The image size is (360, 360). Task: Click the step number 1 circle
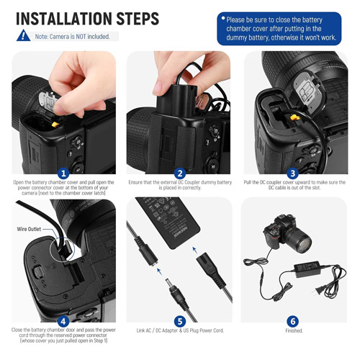[63, 174]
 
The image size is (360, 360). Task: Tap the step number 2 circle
[180, 174]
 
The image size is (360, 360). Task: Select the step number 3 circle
[293, 174]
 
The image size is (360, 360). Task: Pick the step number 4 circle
[63, 321]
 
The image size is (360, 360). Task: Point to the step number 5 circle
[180, 321]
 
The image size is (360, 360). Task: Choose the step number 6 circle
[293, 321]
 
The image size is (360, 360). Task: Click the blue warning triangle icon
[23, 35]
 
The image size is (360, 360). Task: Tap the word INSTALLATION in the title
[63, 19]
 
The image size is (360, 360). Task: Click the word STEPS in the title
[138, 19]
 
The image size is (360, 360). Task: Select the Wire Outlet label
[29, 229]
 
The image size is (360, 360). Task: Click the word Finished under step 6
[294, 330]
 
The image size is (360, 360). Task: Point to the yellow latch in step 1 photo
[55, 125]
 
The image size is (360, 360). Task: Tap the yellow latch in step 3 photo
[294, 117]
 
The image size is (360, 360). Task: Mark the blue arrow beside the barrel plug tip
[159, 271]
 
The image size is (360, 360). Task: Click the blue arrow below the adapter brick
[195, 251]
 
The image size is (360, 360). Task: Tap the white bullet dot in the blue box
[223, 18]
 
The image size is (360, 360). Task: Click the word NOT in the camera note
[81, 37]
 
